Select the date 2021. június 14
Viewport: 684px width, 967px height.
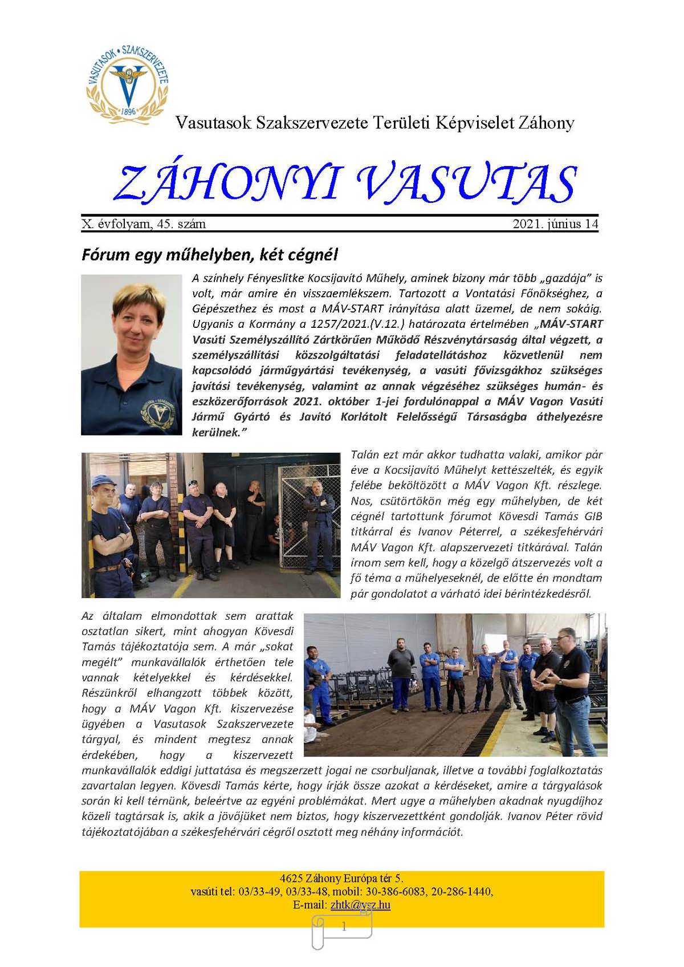pos(555,224)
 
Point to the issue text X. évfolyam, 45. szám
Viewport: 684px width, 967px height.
pos(144,224)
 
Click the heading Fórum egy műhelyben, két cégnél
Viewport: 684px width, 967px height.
pos(210,254)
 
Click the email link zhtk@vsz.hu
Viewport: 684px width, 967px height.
pos(360,905)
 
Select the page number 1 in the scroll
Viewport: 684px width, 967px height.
pos(343,927)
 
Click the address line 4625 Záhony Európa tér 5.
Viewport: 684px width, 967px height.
pos(341,878)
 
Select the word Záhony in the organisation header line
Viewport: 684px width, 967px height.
pos(546,123)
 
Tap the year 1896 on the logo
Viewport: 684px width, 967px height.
pos(128,111)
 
